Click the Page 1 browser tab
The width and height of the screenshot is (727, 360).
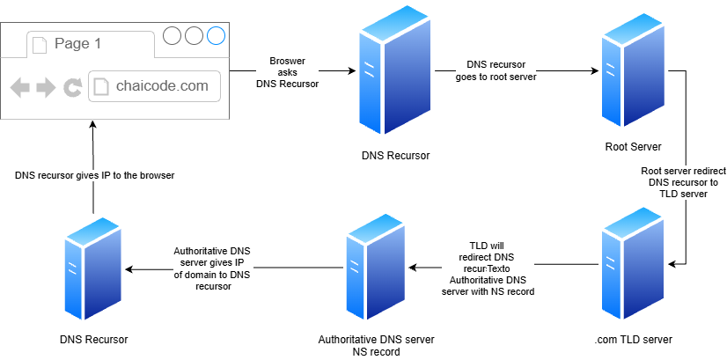click(91, 44)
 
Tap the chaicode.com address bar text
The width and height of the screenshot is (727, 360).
click(162, 86)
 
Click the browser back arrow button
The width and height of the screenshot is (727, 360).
click(20, 87)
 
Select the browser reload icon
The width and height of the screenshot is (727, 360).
click(72, 87)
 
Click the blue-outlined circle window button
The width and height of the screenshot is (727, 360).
click(216, 36)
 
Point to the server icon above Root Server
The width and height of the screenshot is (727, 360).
click(633, 76)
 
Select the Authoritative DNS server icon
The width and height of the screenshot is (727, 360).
click(375, 267)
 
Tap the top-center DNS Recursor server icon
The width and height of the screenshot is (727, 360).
click(395, 70)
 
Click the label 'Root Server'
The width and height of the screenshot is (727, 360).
click(633, 147)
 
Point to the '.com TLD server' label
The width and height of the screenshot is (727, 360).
click(633, 340)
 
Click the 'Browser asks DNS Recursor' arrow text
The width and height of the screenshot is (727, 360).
click(288, 73)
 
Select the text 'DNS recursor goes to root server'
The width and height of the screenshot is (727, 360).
click(496, 70)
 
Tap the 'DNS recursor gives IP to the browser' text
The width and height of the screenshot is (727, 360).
click(94, 176)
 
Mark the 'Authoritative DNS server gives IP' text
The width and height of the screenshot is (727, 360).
click(212, 269)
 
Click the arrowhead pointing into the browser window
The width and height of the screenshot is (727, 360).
click(93, 124)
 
